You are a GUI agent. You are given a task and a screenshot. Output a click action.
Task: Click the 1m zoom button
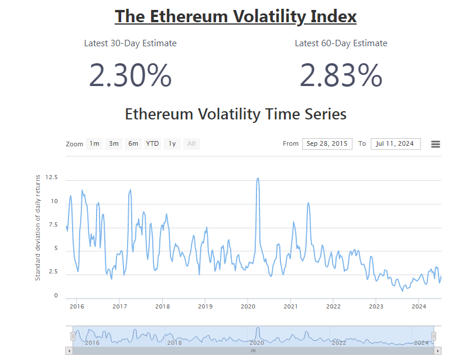(x=94, y=144)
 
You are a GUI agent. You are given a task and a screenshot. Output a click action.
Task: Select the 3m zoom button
(x=114, y=144)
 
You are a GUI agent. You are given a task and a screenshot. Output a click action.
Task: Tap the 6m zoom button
(x=133, y=144)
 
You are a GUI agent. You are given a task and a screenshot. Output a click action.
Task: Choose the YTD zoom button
(x=152, y=144)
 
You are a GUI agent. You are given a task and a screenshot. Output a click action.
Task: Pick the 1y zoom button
(x=172, y=144)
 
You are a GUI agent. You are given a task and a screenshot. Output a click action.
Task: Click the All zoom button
(x=191, y=144)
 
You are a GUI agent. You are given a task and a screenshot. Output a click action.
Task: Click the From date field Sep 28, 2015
(x=327, y=144)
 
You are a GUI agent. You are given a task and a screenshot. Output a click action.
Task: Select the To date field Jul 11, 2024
(x=395, y=144)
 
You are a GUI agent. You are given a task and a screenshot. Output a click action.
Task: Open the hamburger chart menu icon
(x=436, y=144)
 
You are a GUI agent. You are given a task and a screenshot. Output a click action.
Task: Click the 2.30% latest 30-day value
(x=131, y=76)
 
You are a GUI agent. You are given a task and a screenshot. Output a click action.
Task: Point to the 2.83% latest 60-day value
(x=341, y=76)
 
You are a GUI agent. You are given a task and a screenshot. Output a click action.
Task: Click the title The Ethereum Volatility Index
(x=235, y=16)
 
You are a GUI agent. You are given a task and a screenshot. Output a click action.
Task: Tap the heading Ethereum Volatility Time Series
(x=235, y=114)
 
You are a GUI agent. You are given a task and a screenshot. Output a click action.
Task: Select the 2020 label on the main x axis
(x=248, y=306)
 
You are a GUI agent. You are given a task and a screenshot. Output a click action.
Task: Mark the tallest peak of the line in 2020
(x=258, y=179)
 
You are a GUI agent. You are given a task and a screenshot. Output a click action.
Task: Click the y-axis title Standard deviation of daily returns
(x=38, y=227)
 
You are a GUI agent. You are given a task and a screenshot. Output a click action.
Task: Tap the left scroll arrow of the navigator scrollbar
(x=70, y=351)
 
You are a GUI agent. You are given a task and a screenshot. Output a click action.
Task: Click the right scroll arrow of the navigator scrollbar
(x=437, y=351)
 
